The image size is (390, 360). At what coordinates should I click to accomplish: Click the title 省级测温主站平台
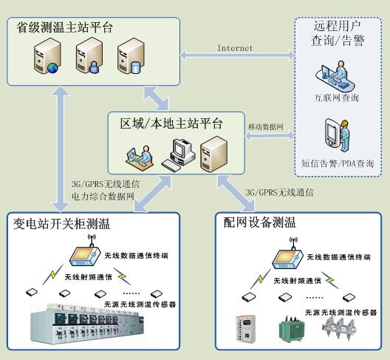pyautogui.click(x=65, y=28)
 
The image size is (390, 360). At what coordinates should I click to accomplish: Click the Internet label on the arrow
pyautogui.click(x=235, y=48)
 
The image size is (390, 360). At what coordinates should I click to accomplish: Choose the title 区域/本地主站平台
pyautogui.click(x=171, y=123)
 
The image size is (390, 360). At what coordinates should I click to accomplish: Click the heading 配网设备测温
pyautogui.click(x=259, y=223)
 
